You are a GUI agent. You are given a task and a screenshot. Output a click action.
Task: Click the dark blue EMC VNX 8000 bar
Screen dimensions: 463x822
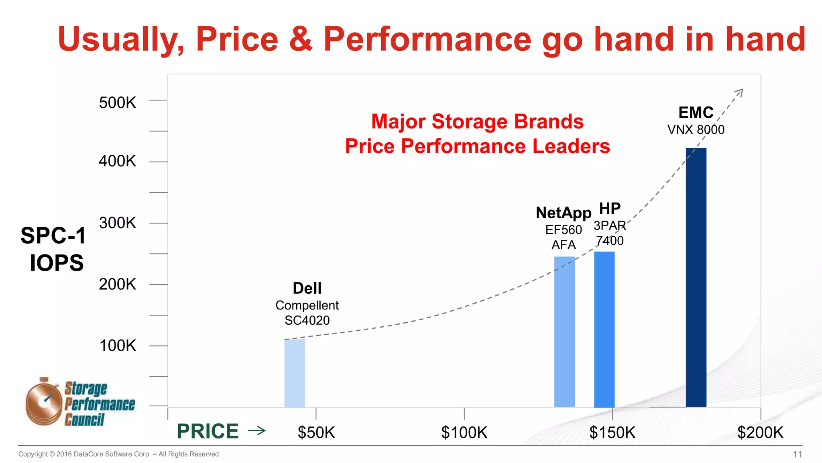(x=696, y=277)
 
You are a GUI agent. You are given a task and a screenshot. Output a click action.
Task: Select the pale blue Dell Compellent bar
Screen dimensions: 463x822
(x=295, y=373)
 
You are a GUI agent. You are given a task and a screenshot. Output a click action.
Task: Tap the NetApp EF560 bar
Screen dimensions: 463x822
(x=564, y=332)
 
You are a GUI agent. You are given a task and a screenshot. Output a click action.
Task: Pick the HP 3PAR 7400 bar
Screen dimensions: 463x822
(x=604, y=329)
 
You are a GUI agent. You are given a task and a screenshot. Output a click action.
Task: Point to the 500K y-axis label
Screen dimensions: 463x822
(x=117, y=102)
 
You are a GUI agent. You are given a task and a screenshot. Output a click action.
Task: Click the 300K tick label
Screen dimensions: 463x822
(x=117, y=223)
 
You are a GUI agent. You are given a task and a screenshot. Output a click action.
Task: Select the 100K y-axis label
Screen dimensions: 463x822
(x=117, y=346)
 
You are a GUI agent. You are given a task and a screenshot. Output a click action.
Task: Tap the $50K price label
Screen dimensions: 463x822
(x=316, y=432)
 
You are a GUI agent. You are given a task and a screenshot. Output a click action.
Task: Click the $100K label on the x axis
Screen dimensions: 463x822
(x=464, y=432)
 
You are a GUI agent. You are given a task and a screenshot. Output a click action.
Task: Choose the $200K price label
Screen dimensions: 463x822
(x=760, y=432)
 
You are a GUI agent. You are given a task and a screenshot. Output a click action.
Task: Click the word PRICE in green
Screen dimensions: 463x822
(x=208, y=431)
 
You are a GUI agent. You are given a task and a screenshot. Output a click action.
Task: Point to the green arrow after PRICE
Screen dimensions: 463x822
(x=257, y=431)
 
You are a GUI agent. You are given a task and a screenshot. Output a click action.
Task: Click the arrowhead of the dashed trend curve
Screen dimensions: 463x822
(x=740, y=92)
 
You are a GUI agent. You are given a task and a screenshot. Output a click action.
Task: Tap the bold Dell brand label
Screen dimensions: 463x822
(x=307, y=288)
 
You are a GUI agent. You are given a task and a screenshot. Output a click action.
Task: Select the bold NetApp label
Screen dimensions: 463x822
(x=564, y=213)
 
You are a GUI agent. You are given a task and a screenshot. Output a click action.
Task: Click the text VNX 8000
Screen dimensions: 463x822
(x=696, y=130)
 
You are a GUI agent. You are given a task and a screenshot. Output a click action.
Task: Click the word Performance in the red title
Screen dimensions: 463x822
(x=427, y=39)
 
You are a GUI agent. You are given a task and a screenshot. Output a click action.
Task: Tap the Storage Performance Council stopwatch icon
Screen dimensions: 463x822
(x=43, y=402)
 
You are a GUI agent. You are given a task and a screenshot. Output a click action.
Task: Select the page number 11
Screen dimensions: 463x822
(x=797, y=454)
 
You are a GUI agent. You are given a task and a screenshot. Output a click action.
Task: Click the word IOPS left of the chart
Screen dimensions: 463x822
(x=57, y=263)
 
